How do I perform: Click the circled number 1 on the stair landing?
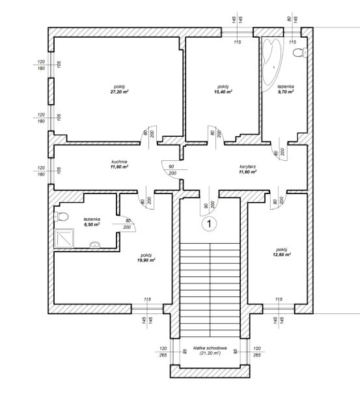pyautogui.click(x=210, y=224)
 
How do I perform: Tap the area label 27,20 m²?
pyautogui.click(x=120, y=92)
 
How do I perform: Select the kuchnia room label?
pyautogui.click(x=119, y=162)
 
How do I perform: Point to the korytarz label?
pyautogui.click(x=247, y=167)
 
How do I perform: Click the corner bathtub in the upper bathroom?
pyautogui.click(x=271, y=64)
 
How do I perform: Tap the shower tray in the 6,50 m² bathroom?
pyautogui.click(x=64, y=238)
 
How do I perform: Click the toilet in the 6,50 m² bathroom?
pyautogui.click(x=61, y=217)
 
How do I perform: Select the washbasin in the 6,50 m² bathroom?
pyautogui.click(x=94, y=245)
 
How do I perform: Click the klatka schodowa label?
pyautogui.click(x=210, y=348)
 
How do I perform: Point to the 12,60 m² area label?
pyautogui.click(x=282, y=255)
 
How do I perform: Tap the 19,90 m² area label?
pyautogui.click(x=146, y=260)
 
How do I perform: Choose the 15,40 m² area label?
pyautogui.click(x=223, y=92)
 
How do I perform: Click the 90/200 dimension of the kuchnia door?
pyautogui.click(x=172, y=170)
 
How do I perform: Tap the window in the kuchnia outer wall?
pyautogui.click(x=51, y=171)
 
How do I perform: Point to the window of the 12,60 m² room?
pyautogui.click(x=279, y=309)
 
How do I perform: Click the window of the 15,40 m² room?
pyautogui.click(x=237, y=32)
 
